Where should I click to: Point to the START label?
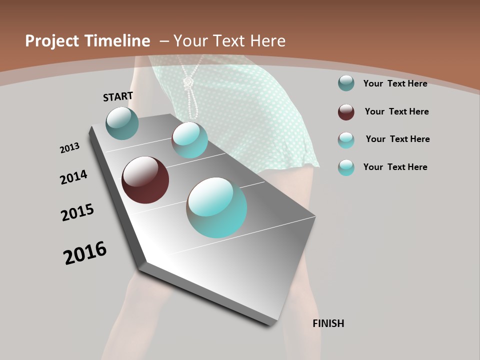[x=118, y=96]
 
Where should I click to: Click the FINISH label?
[x=328, y=323]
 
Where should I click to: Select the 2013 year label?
[x=69, y=148]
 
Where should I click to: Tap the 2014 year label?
[x=73, y=177]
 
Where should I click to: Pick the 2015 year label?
[x=77, y=213]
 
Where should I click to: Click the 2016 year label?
[x=85, y=253]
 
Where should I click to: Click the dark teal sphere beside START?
[x=122, y=123]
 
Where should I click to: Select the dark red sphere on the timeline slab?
[x=145, y=180]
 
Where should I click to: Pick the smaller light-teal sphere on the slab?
[x=189, y=140]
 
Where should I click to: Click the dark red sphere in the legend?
[x=346, y=112]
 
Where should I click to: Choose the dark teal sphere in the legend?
[x=346, y=83]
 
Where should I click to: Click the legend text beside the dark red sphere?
[x=396, y=111]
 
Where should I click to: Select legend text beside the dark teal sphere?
[x=395, y=83]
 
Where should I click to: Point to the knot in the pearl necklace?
[x=188, y=82]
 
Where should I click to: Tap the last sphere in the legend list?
[x=346, y=167]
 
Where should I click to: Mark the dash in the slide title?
[x=164, y=41]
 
